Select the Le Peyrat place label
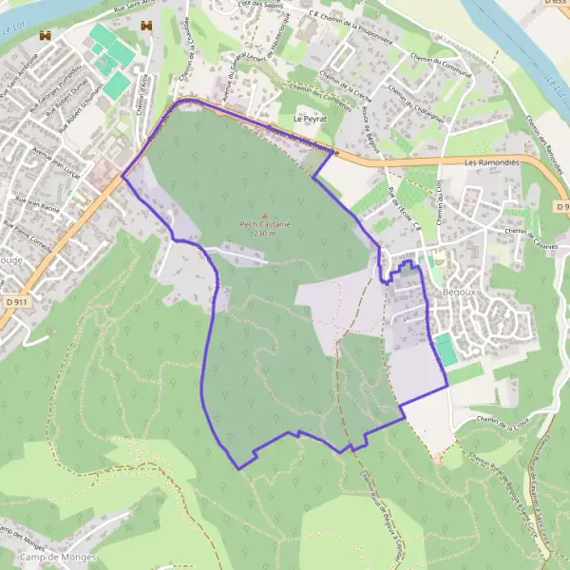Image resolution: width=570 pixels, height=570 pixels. (x=310, y=120)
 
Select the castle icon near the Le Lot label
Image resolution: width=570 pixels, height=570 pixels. (x=44, y=35)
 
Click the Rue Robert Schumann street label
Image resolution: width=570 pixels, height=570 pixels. (x=83, y=106)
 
